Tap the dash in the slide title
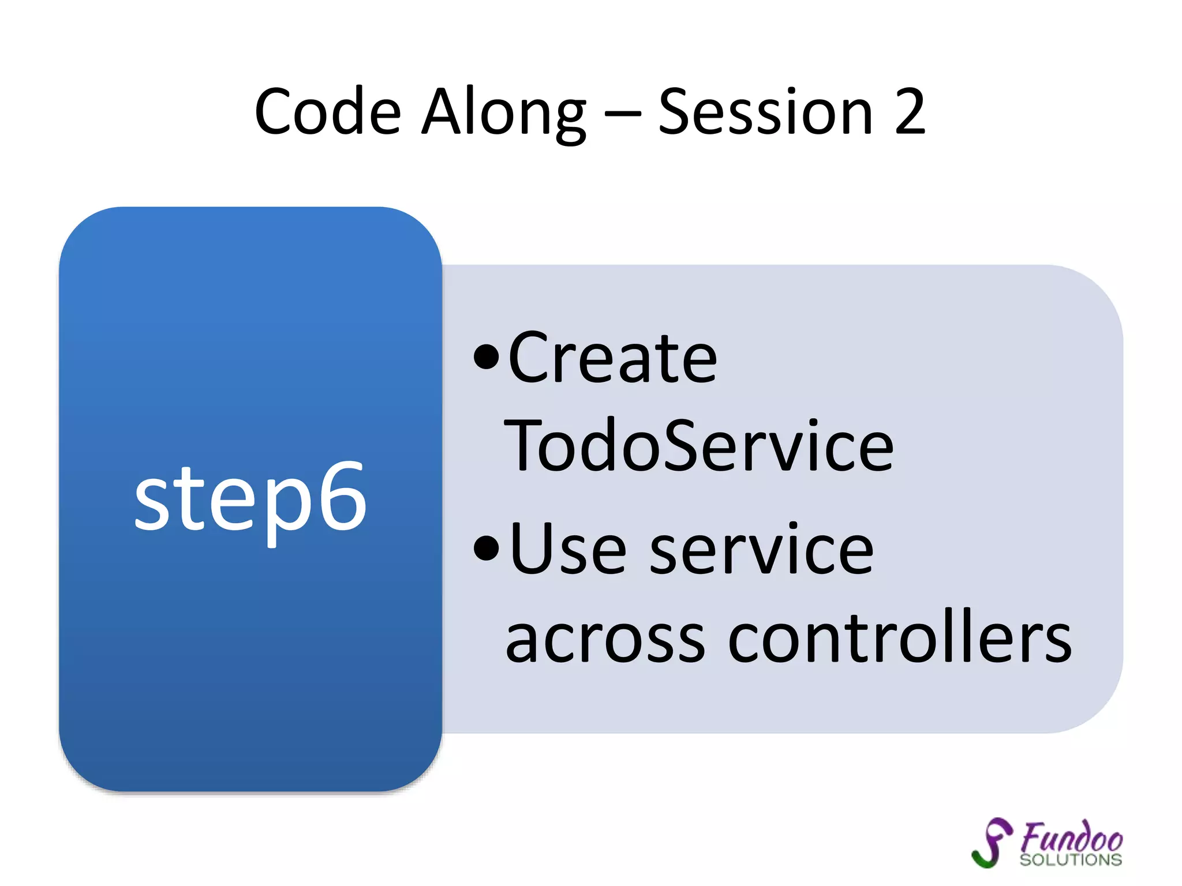pyautogui.click(x=622, y=113)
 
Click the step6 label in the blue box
pyautogui.click(x=250, y=497)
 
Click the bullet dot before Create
pyautogui.click(x=486, y=357)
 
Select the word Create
pyautogui.click(x=612, y=359)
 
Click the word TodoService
pyautogui.click(x=699, y=446)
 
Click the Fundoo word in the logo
pyautogui.click(x=1072, y=836)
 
